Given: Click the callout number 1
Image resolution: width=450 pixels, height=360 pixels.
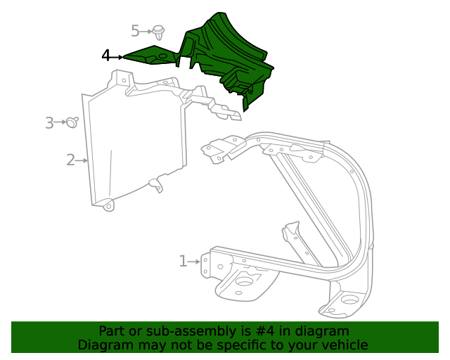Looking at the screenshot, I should [x=183, y=262].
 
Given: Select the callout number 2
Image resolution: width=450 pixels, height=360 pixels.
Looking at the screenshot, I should [x=70, y=160].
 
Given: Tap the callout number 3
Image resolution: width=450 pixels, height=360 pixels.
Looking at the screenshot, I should [x=49, y=123].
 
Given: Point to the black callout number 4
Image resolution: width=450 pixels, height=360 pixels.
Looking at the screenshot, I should [x=105, y=56].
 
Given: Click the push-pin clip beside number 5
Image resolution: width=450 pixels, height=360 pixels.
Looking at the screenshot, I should [x=159, y=32].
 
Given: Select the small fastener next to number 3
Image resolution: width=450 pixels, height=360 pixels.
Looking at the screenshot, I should [x=72, y=123].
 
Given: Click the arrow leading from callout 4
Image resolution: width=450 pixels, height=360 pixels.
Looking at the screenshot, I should [x=118, y=56].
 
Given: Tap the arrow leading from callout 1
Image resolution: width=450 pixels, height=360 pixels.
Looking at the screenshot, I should [x=195, y=262].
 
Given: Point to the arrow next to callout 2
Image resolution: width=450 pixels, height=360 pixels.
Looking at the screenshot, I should [x=82, y=160].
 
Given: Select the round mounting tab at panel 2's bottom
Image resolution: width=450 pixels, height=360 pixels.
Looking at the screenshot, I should [x=108, y=206].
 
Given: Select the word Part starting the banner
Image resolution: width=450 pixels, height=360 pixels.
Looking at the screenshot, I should [x=111, y=331].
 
